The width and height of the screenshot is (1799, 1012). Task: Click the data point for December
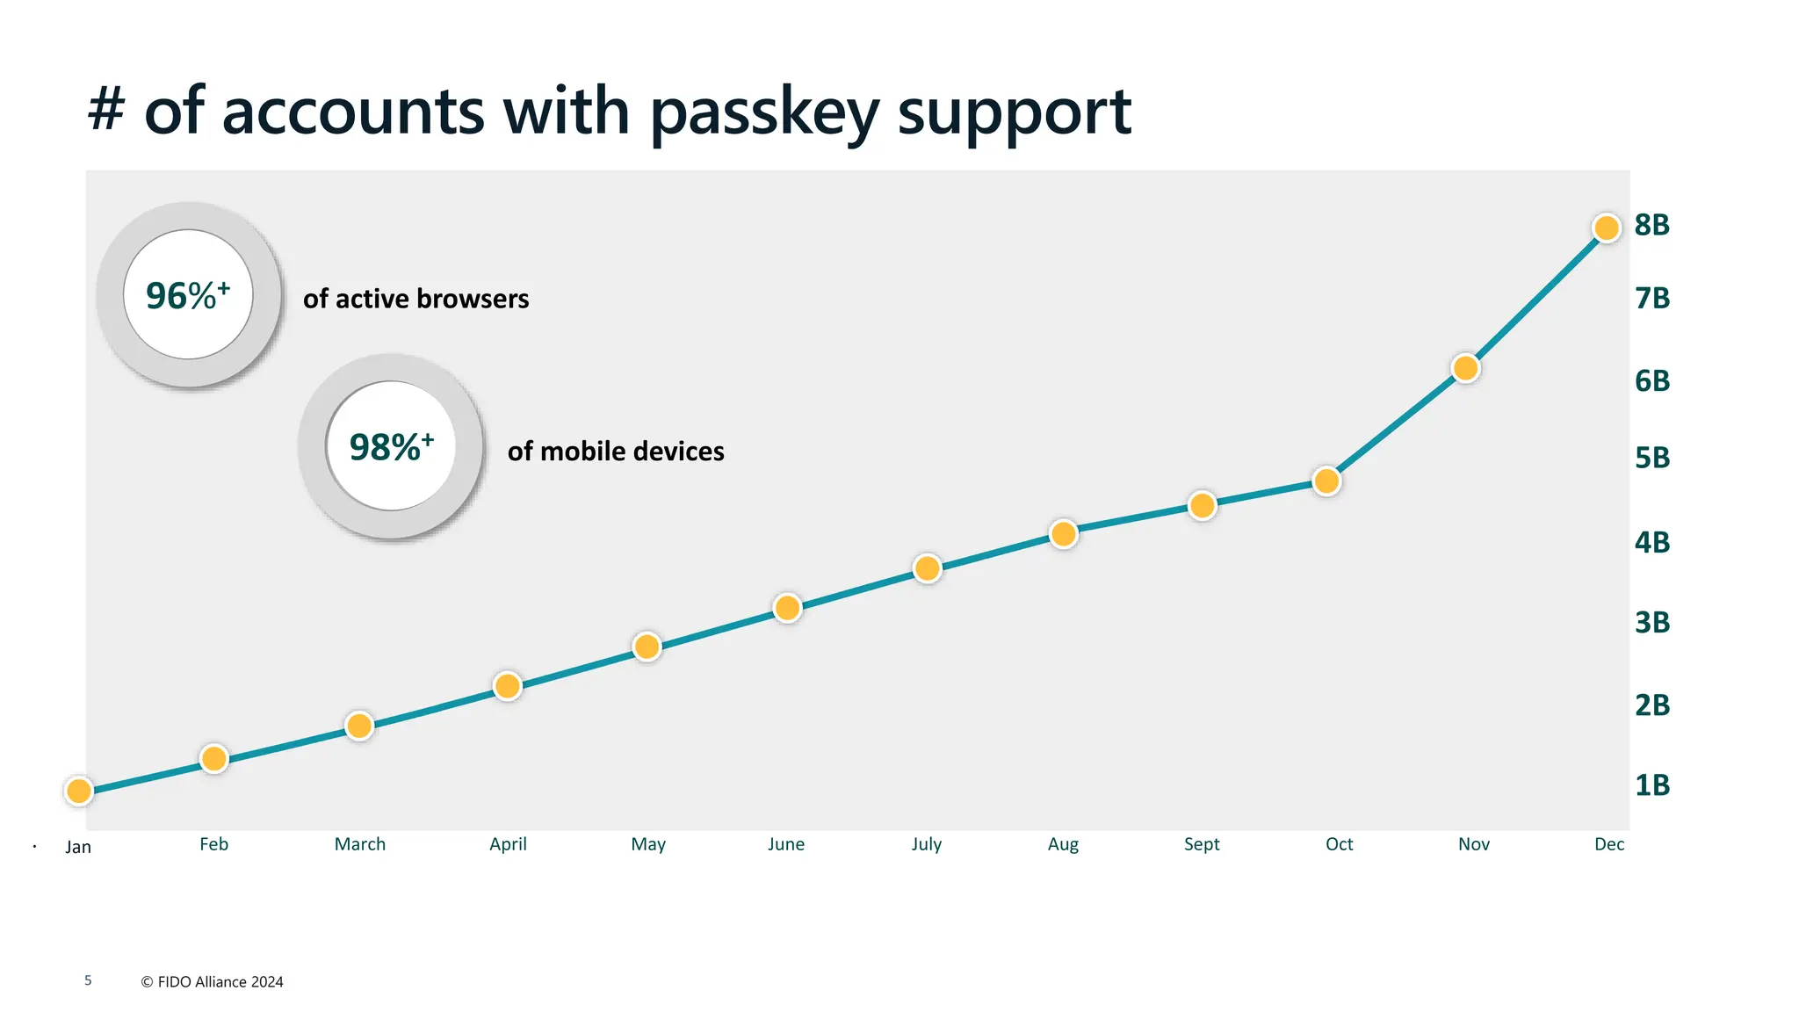coord(1606,228)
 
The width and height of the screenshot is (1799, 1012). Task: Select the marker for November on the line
coord(1465,368)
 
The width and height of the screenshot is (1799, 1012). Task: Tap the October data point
coord(1326,481)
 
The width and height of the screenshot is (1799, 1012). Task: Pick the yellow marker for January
coord(79,792)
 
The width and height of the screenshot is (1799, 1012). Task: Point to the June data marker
coord(788,608)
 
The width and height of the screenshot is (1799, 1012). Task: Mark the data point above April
coord(508,686)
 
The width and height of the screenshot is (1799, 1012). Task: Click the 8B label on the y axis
coord(1651,226)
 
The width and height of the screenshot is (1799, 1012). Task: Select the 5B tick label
coord(1651,459)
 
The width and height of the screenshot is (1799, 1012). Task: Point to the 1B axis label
coord(1651,785)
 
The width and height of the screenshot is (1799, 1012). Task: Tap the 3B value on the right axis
coord(1651,623)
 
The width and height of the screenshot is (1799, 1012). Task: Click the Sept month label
coord(1202,844)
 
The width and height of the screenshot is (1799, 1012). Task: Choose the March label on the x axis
coord(360,844)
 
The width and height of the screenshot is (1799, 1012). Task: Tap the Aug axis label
coord(1063,844)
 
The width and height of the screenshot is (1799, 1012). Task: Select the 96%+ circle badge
coord(188,295)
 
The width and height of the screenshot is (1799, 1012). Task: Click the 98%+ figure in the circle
coord(391,447)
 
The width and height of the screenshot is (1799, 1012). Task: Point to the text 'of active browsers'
coord(415,300)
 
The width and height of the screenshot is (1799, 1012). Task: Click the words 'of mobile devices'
coord(616,452)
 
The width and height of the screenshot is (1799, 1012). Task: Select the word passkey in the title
coord(764,112)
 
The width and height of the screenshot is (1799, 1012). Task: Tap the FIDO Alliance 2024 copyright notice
coord(213,982)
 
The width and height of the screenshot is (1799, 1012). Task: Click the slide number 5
coord(88,980)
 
